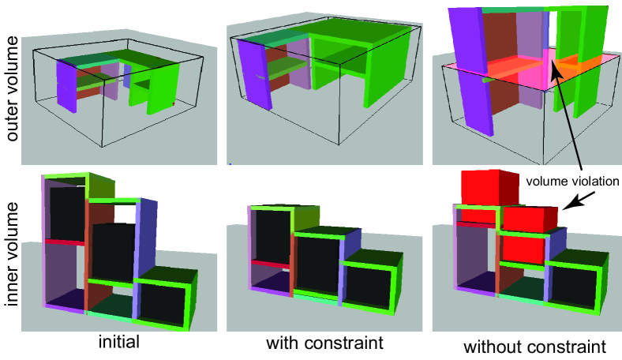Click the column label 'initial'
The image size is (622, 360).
coord(119,342)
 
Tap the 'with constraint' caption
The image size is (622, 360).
coord(325,343)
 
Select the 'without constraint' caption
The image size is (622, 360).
coord(534,347)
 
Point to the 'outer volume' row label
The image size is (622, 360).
coord(12,88)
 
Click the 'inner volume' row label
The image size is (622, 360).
coord(12,254)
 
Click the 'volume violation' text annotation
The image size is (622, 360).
coord(572,182)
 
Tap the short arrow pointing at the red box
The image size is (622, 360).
coord(579,200)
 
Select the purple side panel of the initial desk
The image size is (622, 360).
coord(66,87)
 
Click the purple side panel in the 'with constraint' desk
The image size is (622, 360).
coord(255,74)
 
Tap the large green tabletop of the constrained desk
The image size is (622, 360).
coord(359,35)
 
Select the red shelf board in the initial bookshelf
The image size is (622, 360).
coord(66,242)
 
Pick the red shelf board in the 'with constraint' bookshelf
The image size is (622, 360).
coord(272,264)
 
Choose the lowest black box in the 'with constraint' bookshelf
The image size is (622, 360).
coord(367,288)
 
